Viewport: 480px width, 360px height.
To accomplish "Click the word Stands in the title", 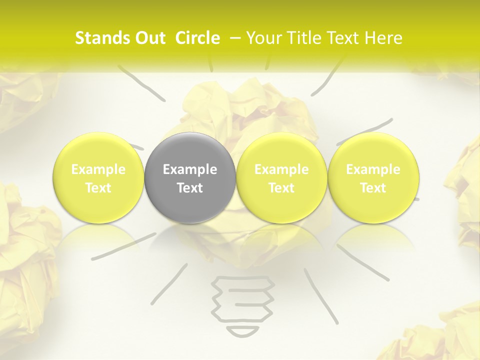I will point(102,38).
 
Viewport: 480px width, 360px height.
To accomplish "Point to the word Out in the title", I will point(150,38).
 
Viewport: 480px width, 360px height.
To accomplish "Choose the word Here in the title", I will point(383,38).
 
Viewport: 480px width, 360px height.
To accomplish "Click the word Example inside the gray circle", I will point(190,169).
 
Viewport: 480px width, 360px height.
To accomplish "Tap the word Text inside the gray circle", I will point(190,188).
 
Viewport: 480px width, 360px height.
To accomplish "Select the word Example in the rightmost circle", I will point(373,169).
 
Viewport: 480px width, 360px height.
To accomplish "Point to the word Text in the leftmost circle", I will point(98,188).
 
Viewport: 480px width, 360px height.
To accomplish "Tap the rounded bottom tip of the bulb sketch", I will point(243,331).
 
